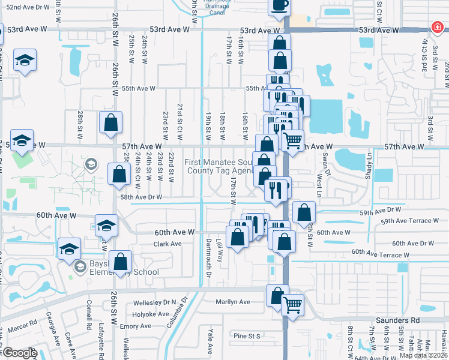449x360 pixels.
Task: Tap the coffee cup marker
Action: click(x=279, y=5)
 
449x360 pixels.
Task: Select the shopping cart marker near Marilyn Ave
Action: click(x=292, y=305)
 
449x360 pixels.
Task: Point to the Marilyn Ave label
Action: click(x=233, y=302)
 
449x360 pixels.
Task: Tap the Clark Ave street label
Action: click(x=167, y=244)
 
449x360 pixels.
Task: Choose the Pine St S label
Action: click(x=247, y=336)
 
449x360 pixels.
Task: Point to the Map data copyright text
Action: click(x=423, y=355)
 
